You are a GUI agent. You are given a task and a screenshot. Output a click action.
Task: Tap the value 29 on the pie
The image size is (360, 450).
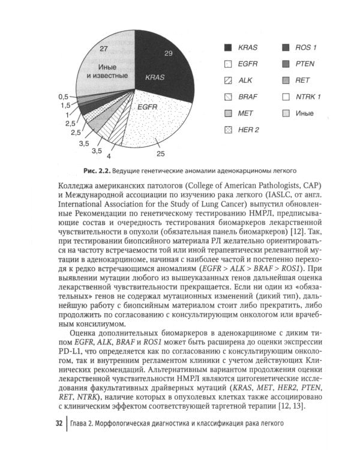tap(169, 53)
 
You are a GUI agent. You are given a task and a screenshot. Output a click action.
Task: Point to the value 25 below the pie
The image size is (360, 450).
tap(160, 154)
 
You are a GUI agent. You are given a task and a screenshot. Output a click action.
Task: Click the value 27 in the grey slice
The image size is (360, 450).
tap(104, 49)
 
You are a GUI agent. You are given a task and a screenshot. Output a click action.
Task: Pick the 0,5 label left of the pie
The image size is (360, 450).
tap(63, 96)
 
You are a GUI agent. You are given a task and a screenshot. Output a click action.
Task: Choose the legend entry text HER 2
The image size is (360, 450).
tap(248, 130)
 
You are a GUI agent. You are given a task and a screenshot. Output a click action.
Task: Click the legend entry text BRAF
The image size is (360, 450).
tap(248, 97)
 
